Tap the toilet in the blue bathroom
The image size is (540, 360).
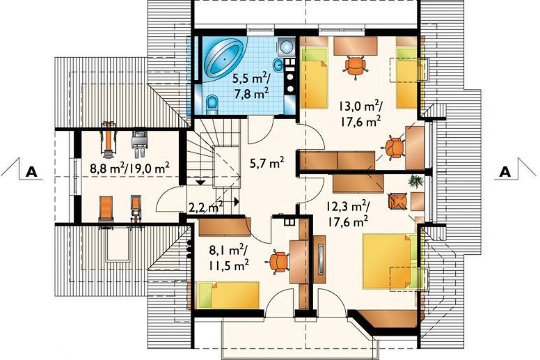point(212,104)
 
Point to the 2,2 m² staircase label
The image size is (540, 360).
point(206,206)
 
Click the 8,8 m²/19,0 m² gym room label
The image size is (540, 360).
point(129,169)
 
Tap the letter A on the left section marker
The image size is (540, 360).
point(31,171)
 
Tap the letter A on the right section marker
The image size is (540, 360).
point(505,171)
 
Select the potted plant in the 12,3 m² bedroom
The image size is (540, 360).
point(416,182)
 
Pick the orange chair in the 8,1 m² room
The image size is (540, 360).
point(278,262)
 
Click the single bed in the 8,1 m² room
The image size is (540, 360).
point(229,295)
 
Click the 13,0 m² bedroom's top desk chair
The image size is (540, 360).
point(356,65)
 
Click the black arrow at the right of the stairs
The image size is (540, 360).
point(237,201)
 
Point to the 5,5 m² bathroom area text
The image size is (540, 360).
point(250,86)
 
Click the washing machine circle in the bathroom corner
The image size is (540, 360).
point(286,46)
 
